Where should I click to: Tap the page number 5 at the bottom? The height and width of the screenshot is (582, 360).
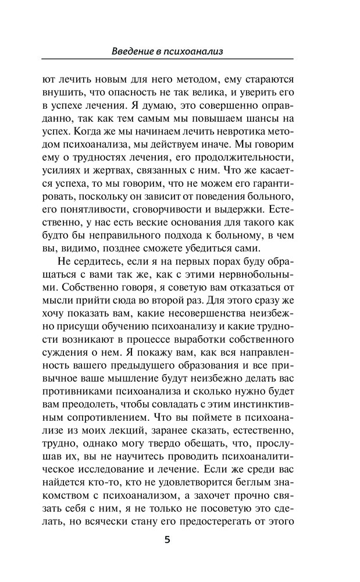tap(167, 540)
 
